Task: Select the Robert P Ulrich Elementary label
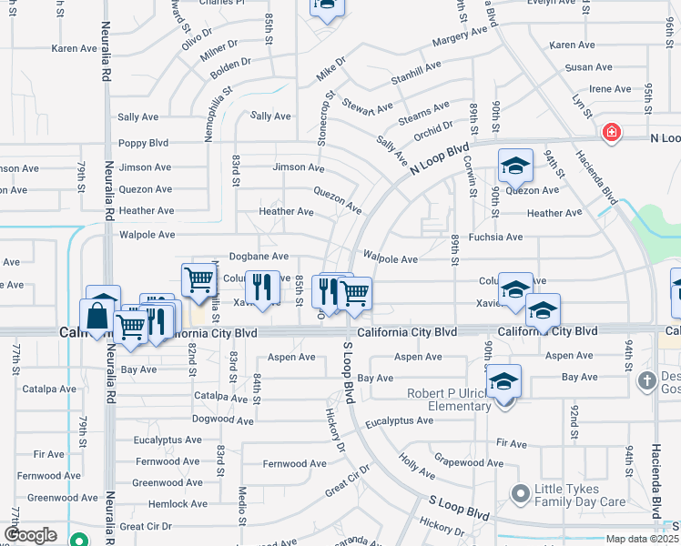pyautogui.click(x=449, y=399)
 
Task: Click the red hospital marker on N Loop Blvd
pyautogui.click(x=612, y=134)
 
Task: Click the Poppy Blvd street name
pyautogui.click(x=144, y=143)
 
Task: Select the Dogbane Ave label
pyautogui.click(x=259, y=258)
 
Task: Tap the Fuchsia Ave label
pyautogui.click(x=495, y=238)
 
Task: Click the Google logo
pyautogui.click(x=30, y=534)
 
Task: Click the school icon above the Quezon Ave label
pyautogui.click(x=514, y=166)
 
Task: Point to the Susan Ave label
pyautogui.click(x=588, y=67)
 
